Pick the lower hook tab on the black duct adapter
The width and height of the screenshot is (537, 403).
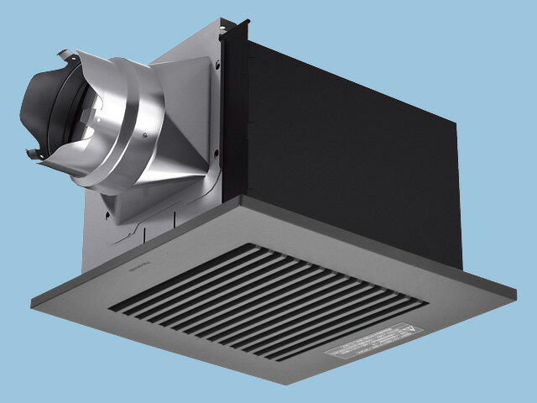click(34, 154)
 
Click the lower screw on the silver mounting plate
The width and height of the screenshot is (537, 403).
click(216, 152)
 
